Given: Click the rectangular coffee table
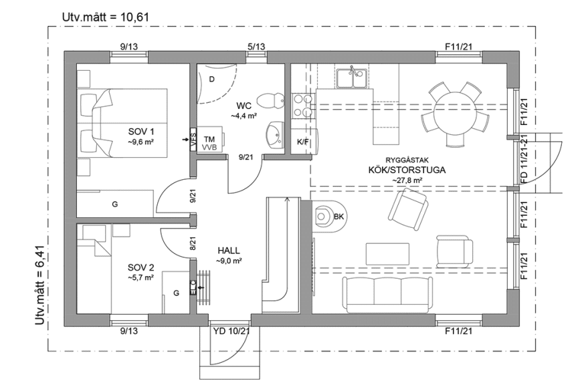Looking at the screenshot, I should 387,253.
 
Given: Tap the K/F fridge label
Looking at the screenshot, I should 303,142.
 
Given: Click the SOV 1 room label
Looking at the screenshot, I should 141,131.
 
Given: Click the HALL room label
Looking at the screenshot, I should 228,251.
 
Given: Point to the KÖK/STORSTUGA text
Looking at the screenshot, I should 407,170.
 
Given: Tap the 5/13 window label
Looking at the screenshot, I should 256,46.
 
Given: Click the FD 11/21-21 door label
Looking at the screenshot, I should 524,158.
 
